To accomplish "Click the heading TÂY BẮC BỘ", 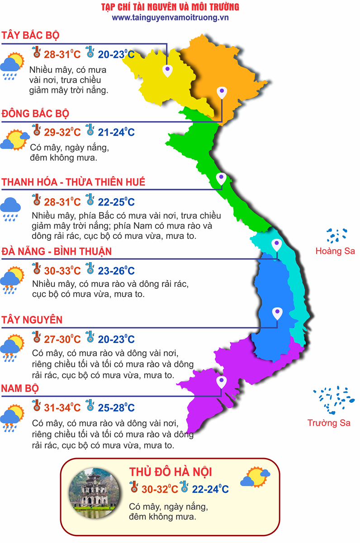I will click(31, 35).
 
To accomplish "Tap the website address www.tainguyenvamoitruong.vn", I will click(170, 17).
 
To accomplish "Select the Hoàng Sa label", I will click(335, 251).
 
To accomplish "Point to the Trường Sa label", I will click(329, 423).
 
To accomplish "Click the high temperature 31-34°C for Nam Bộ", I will click(62, 408).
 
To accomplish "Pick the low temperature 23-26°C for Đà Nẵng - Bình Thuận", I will click(116, 271).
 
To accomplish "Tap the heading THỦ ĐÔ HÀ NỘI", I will click(171, 472).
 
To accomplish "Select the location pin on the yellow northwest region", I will click(168, 70).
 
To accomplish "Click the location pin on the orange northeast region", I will click(221, 93).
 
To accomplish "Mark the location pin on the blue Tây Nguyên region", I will click(277, 313).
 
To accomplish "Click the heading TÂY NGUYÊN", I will click(32, 320).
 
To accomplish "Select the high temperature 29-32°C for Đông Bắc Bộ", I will click(62, 133).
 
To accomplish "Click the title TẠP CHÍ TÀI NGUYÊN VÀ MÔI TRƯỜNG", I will click(170, 7).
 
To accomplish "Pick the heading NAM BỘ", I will click(20, 388).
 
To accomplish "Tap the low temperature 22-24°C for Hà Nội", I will click(210, 489).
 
